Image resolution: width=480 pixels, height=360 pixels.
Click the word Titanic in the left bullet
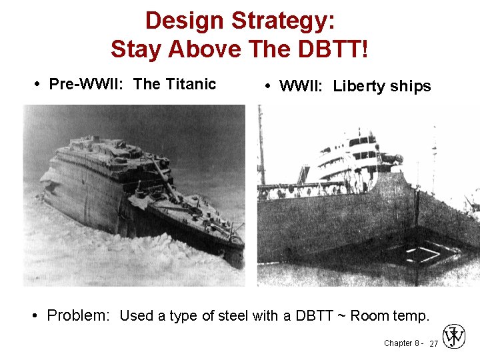[191, 84]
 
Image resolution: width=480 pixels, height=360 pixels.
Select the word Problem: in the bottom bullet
[78, 315]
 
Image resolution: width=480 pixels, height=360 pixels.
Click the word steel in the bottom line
[231, 315]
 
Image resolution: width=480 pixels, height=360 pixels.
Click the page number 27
[433, 344]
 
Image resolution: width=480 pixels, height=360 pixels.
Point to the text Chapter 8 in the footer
[401, 343]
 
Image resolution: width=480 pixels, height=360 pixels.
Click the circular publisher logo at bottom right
[454, 337]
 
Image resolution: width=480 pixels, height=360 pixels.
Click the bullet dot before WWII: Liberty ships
[267, 87]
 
